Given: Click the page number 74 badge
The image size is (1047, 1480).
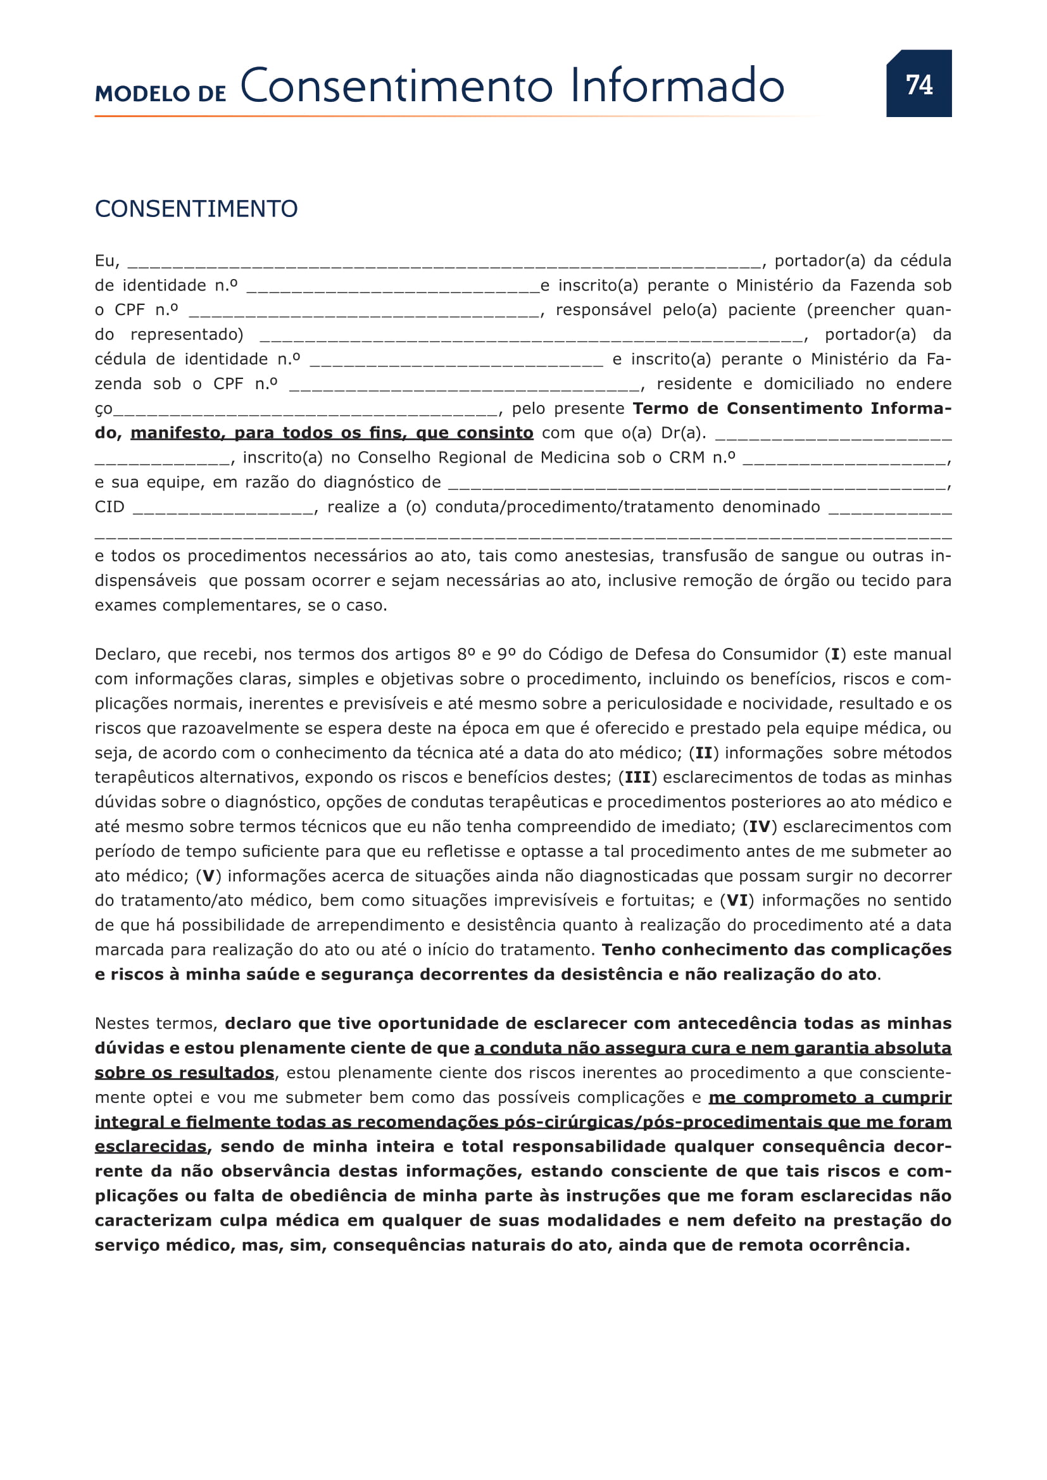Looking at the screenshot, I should click(x=918, y=84).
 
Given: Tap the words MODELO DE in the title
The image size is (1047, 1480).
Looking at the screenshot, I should click(x=161, y=94).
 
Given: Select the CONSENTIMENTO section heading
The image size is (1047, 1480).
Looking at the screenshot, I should click(x=196, y=209).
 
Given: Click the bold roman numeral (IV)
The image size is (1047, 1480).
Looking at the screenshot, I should click(x=760, y=827).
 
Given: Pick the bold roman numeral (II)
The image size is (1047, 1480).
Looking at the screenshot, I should click(x=704, y=753).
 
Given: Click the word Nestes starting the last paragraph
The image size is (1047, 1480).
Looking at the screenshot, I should click(x=122, y=1024).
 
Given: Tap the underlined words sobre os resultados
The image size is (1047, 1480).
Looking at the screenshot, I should click(x=184, y=1073).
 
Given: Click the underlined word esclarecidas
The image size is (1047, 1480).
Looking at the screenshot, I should click(x=151, y=1147).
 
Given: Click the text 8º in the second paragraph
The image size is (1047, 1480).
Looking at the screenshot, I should click(x=466, y=655).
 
